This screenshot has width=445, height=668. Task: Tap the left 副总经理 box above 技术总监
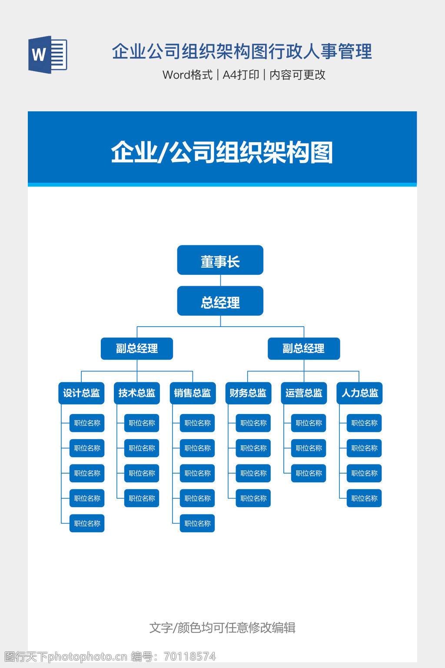click(136, 348)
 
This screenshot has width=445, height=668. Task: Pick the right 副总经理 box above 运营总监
click(303, 348)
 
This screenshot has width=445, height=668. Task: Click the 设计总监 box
click(81, 393)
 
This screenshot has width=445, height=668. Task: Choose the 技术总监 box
click(136, 393)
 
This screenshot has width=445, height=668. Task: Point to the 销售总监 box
click(192, 393)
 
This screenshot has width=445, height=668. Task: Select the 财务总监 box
click(248, 393)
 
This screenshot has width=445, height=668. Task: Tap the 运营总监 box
click(303, 393)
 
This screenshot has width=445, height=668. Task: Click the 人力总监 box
click(359, 393)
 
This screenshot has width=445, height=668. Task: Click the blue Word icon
click(48, 54)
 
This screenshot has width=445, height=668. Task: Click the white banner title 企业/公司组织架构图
click(222, 152)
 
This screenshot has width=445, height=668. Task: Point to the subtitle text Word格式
click(187, 75)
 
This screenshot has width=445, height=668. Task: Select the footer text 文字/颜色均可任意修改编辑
click(222, 628)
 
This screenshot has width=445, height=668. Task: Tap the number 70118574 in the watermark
click(189, 656)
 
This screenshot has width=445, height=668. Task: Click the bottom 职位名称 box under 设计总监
click(87, 523)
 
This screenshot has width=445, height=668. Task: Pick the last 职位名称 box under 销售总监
click(197, 523)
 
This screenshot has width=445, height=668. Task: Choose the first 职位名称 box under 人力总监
click(364, 423)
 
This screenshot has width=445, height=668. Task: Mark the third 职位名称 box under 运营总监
click(309, 473)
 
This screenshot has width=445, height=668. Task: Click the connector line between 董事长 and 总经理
click(220, 281)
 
